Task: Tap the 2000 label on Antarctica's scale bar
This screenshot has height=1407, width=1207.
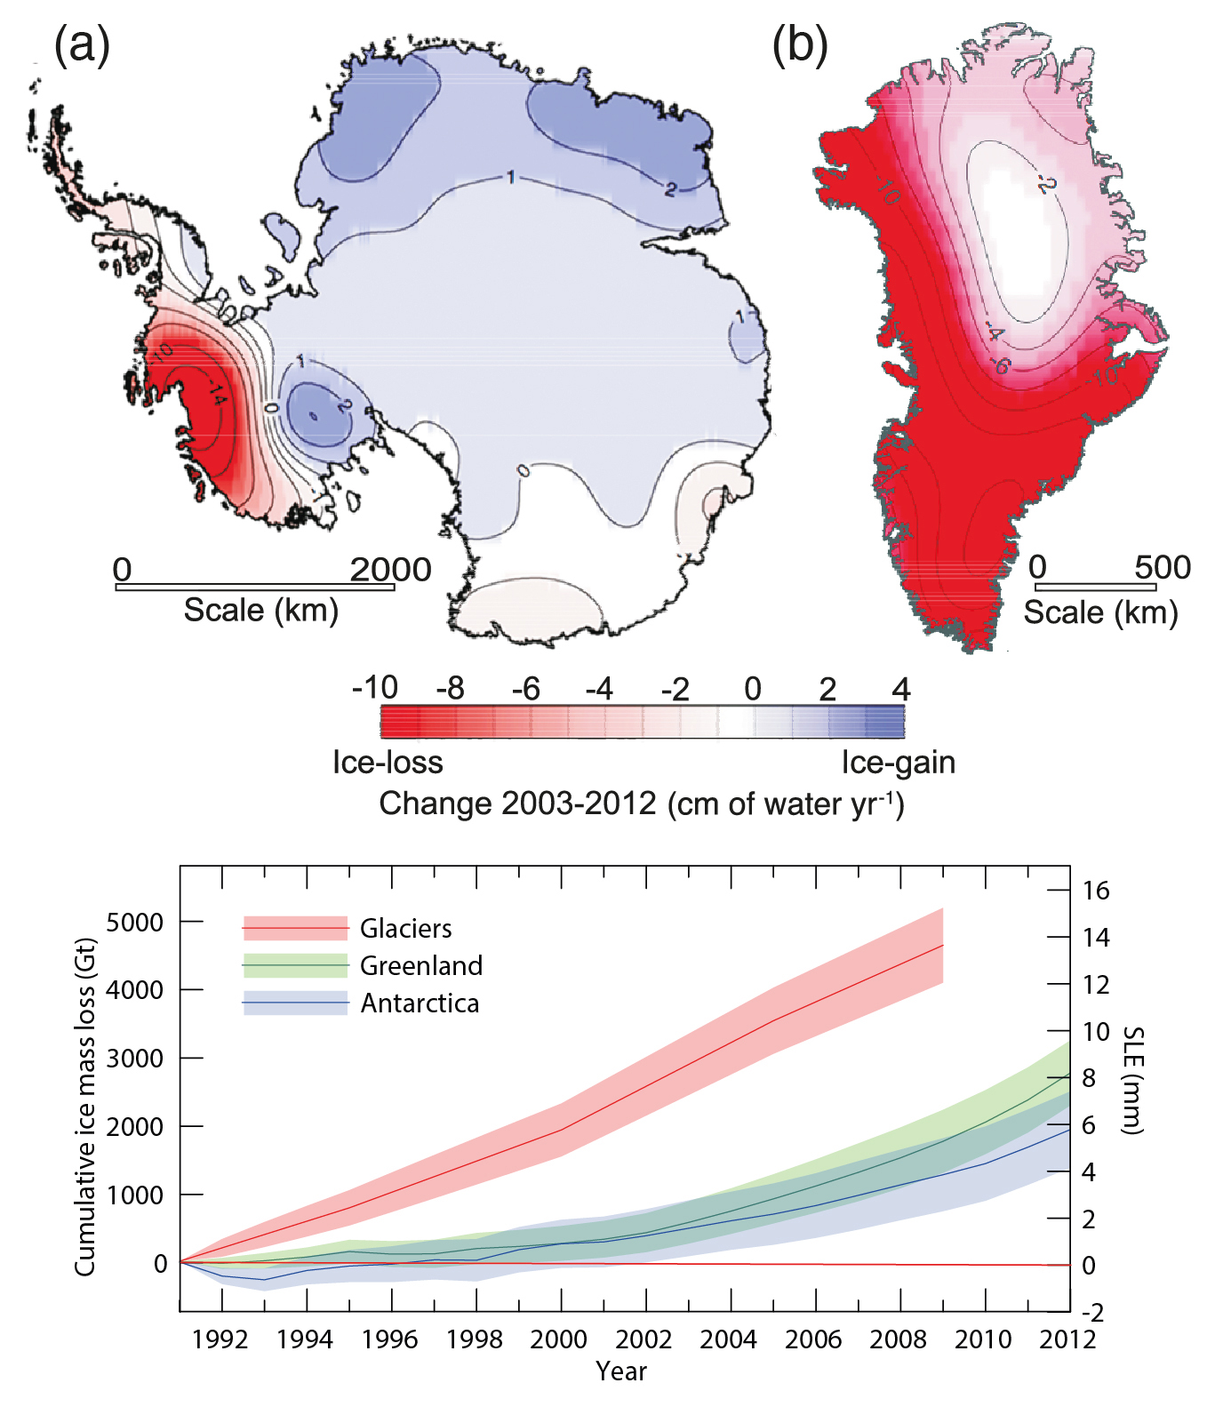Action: [x=390, y=569]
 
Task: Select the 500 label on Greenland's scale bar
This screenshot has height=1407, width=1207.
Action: [x=1162, y=566]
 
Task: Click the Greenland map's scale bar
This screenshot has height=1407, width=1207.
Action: [x=1095, y=588]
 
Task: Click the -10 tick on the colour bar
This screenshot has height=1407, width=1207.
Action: [x=374, y=688]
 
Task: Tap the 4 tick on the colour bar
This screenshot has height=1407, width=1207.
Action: [x=900, y=689]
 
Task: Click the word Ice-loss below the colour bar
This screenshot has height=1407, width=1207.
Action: [x=388, y=763]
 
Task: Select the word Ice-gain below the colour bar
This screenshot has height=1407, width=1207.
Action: [x=898, y=763]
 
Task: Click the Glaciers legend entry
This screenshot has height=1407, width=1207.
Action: [x=405, y=929]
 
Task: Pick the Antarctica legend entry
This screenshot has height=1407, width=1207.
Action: [x=419, y=1003]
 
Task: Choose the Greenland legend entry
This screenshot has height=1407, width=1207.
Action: [x=420, y=966]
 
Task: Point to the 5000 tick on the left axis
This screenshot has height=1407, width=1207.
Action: [x=134, y=923]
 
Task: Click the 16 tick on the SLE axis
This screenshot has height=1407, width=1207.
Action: [x=1096, y=891]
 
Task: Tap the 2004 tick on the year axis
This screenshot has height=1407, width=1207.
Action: [x=728, y=1339]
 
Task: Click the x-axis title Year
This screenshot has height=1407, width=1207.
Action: [x=621, y=1371]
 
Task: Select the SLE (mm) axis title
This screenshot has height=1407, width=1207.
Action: [x=1132, y=1080]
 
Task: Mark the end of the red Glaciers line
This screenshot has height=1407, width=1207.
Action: [x=942, y=946]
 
